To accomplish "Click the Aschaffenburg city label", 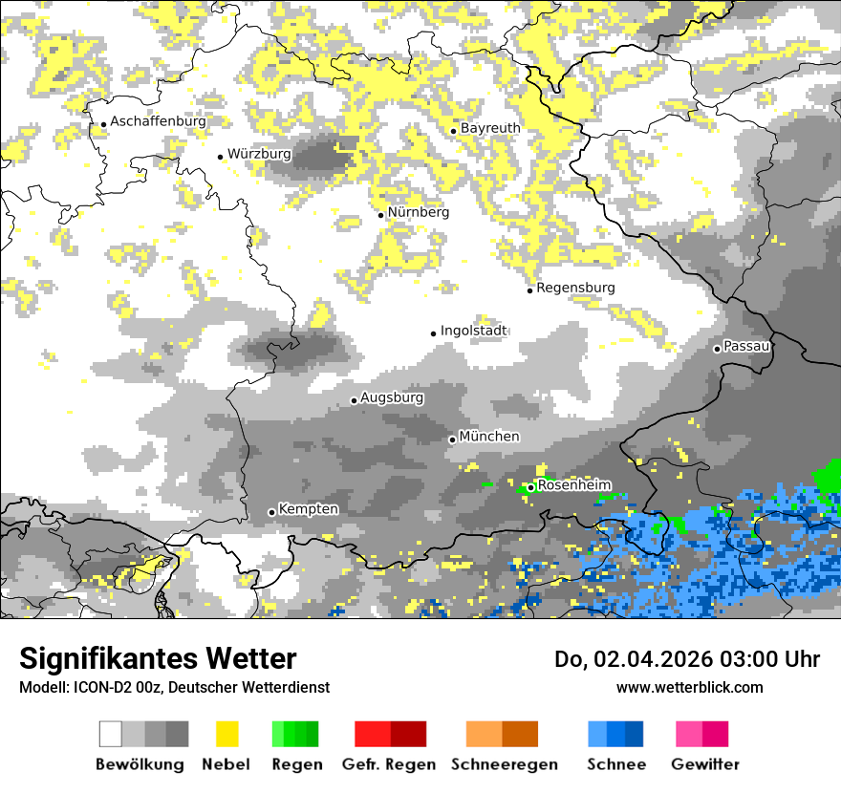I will tap(158, 121).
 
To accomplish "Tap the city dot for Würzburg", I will tap(221, 157).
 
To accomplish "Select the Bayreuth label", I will tap(490, 128).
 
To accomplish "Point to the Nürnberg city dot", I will tap(380, 215).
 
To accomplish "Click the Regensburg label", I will tap(575, 288).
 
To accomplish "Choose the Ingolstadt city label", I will tap(474, 331).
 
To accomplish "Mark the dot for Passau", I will tap(717, 349).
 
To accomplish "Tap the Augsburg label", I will tap(392, 397).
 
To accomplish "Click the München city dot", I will tap(452, 439).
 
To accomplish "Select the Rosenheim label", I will tap(573, 485).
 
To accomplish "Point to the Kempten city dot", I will tap(271, 512).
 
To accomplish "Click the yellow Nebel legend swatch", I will tap(227, 734).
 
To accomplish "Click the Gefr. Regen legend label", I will tap(389, 764).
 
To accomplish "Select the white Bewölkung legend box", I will tap(111, 734).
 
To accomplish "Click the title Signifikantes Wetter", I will tap(158, 658).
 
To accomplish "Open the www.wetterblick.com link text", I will tap(690, 687).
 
